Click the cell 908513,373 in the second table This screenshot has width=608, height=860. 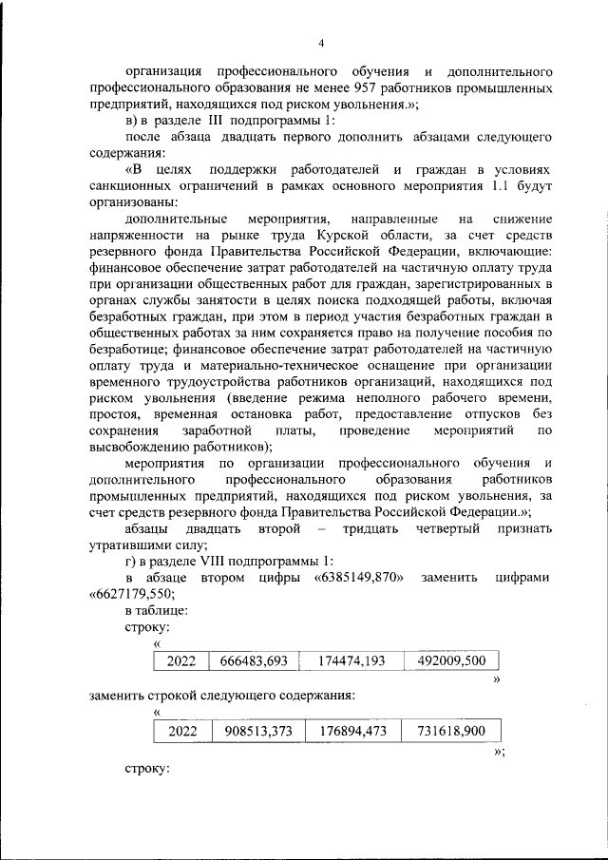253,731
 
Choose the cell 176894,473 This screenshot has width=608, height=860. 349,731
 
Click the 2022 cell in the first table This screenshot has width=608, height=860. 181,660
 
